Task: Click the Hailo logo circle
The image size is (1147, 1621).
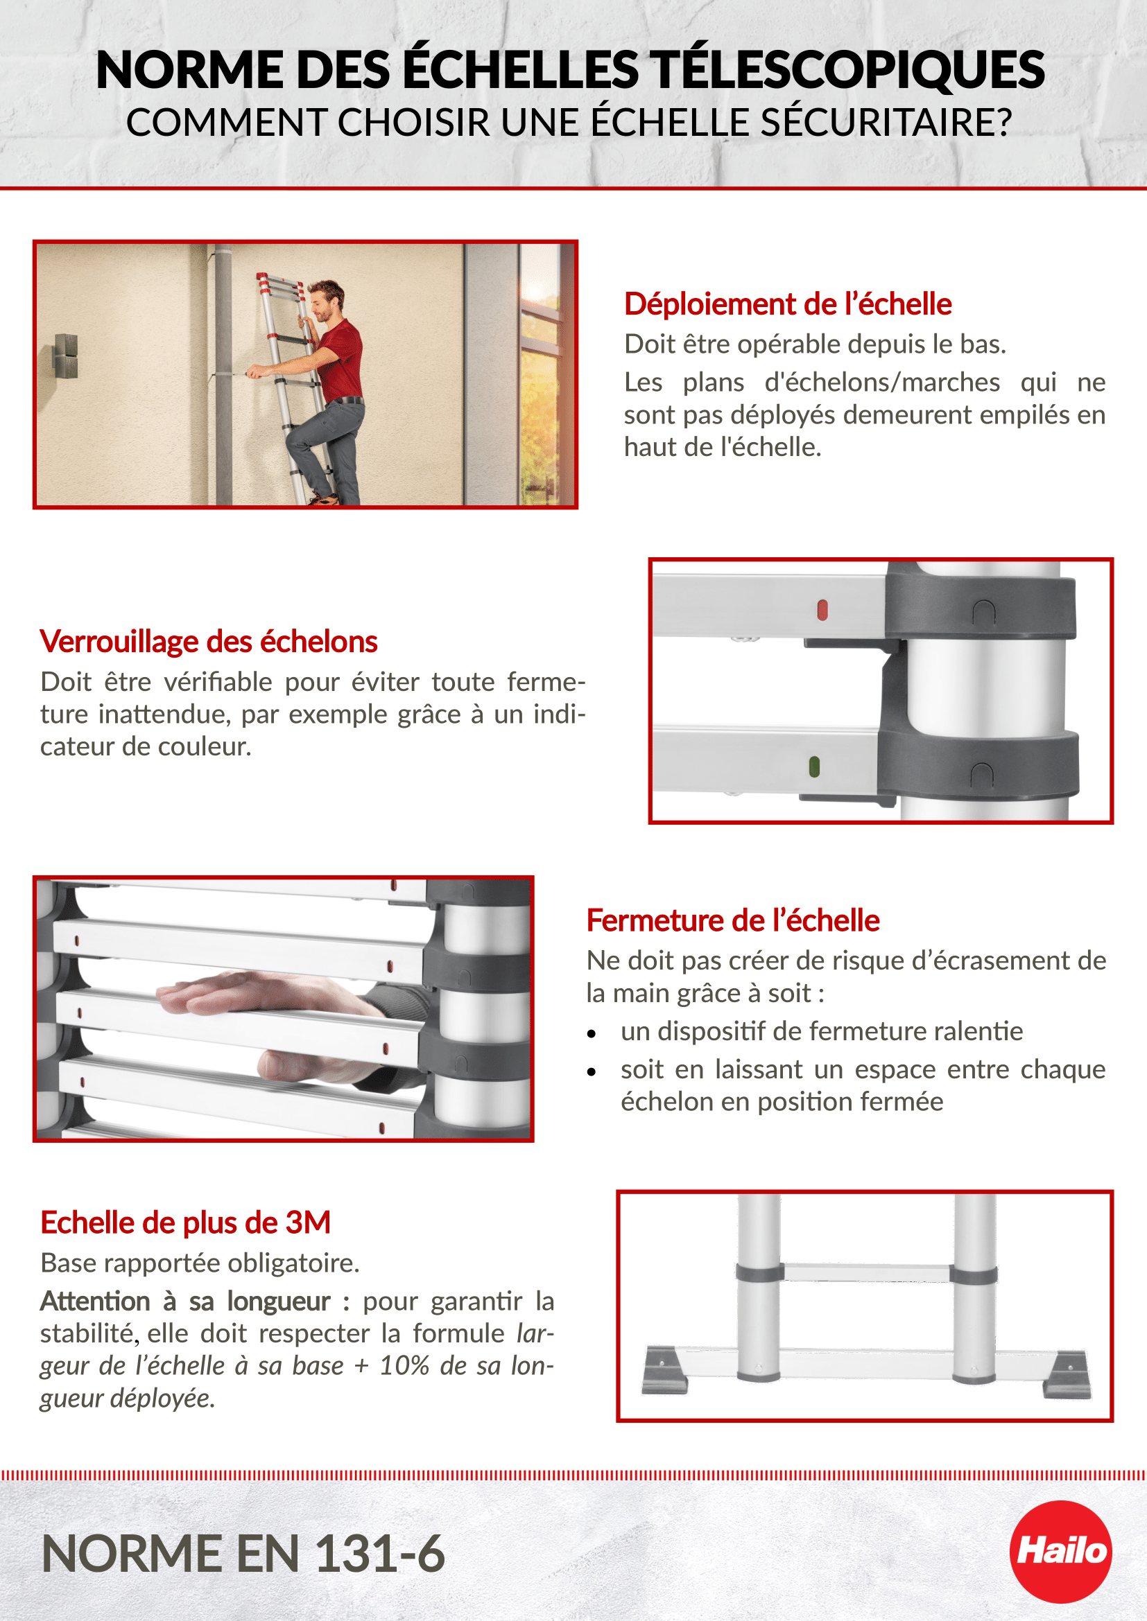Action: pyautogui.click(x=1060, y=1551)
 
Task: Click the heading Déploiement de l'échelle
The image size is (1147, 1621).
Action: pyautogui.click(x=788, y=304)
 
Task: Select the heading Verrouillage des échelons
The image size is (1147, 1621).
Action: pyautogui.click(x=208, y=642)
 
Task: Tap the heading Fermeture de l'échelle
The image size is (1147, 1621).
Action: pyautogui.click(x=732, y=920)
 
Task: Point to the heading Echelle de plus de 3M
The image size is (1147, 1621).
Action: pyautogui.click(x=185, y=1223)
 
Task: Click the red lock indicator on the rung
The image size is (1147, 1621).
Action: pyautogui.click(x=822, y=610)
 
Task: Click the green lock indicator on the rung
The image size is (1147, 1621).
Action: pyautogui.click(x=814, y=766)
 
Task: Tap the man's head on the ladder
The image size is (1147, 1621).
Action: pyautogui.click(x=327, y=299)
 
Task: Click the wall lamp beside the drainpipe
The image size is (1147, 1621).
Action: pyautogui.click(x=67, y=356)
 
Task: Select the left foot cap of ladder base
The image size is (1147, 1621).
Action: pyautogui.click(x=664, y=1370)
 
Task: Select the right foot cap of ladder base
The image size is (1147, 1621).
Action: pyautogui.click(x=1067, y=1374)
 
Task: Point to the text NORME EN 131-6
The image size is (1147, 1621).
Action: pyautogui.click(x=243, y=1554)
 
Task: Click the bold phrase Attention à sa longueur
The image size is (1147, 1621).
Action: pyautogui.click(x=185, y=1302)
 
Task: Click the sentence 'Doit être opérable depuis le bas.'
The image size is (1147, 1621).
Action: pyautogui.click(x=814, y=344)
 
